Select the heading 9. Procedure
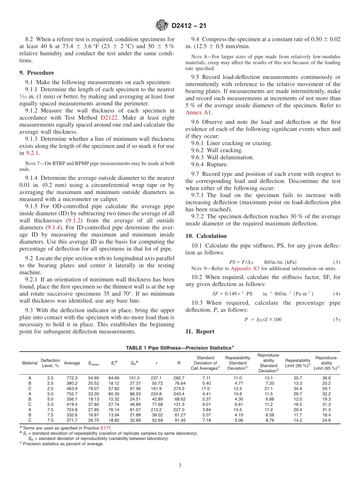click(37, 73)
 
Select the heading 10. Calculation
click(206, 236)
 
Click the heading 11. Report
click(200, 331)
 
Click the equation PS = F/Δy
click(241, 262)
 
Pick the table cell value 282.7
click(179, 378)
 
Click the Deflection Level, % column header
click(50, 363)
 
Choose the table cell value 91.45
click(180, 420)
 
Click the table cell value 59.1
click(326, 388)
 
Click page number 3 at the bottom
click(180, 465)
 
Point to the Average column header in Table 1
click(72, 363)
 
